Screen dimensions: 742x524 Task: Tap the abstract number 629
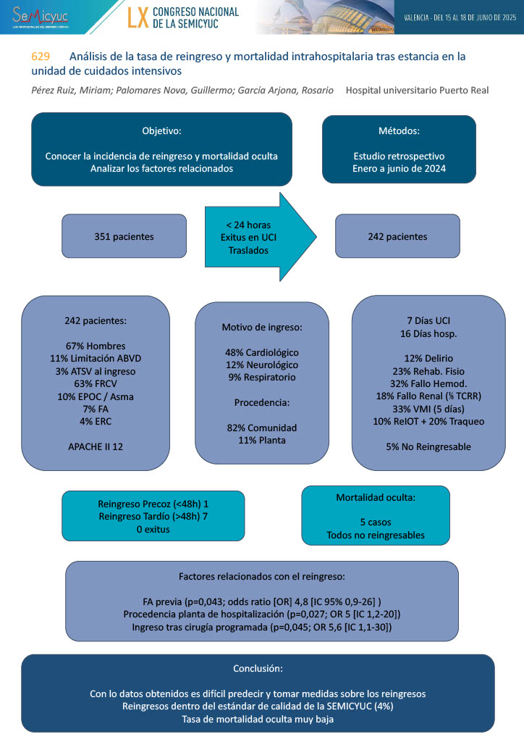coord(41,57)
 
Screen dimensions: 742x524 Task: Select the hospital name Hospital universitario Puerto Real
coord(417,91)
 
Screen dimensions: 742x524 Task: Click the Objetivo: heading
coord(161,131)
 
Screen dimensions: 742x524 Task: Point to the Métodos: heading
coord(399,131)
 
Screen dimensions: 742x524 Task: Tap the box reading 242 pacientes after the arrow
coord(397,236)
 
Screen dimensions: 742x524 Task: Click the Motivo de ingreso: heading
coord(261,328)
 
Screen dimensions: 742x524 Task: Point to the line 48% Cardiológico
coord(261,352)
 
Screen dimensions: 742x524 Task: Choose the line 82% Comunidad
coord(261,427)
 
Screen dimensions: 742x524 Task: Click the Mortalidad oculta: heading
coord(375,498)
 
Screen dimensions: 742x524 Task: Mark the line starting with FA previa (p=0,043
coord(261,601)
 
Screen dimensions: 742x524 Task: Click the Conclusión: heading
coord(258,667)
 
